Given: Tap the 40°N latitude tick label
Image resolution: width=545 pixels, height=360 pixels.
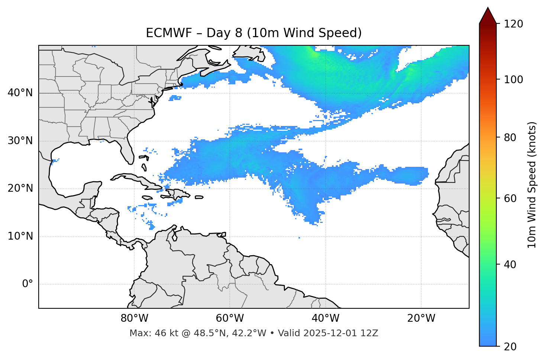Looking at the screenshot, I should click(x=20, y=93).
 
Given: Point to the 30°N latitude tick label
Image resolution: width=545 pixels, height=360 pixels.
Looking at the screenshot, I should click(x=20, y=141).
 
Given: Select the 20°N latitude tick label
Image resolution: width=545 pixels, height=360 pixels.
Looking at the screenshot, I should click(x=20, y=188).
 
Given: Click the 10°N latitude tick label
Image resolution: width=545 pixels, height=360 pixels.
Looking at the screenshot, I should click(x=20, y=236).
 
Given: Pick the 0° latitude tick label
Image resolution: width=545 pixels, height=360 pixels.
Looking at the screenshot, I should click(x=28, y=284).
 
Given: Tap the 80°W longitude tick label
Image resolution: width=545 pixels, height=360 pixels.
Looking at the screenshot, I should click(x=134, y=318).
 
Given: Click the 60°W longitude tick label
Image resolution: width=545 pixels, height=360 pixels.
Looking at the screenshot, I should click(x=230, y=318).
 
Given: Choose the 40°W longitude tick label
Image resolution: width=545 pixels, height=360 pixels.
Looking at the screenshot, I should click(x=325, y=318).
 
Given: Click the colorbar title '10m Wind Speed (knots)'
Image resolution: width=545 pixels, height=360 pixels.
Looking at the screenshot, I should click(x=532, y=185).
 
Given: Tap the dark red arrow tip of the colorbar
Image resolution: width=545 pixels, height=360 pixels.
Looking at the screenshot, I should click(x=488, y=14).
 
